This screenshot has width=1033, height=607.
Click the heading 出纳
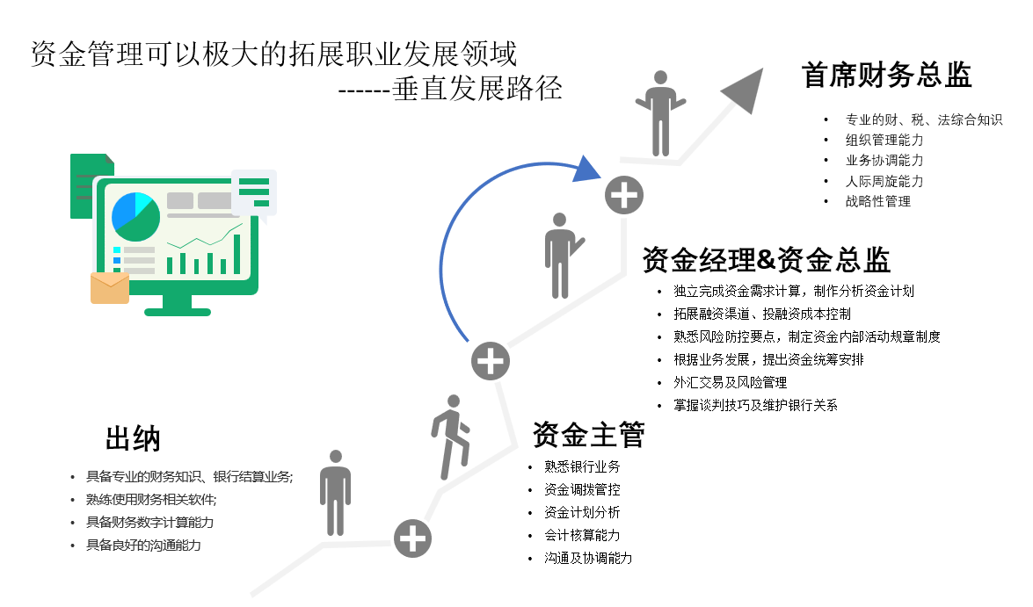[133, 438]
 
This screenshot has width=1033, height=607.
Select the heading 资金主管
[589, 434]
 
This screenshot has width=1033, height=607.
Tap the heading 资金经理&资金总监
[767, 260]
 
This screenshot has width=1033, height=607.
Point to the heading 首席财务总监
[887, 76]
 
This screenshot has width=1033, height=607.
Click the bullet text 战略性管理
[878, 201]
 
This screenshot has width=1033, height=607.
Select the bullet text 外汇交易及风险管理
[730, 382]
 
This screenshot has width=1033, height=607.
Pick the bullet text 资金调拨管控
[582, 489]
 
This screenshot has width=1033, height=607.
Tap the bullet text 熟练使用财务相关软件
[151, 499]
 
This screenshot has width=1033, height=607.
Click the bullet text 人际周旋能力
[884, 181]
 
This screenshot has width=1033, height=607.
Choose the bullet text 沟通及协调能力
[588, 558]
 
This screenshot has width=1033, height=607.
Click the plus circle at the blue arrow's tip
[624, 194]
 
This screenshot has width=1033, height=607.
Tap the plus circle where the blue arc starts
[491, 361]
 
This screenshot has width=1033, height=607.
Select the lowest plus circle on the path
[412, 538]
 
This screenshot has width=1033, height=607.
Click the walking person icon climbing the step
[451, 437]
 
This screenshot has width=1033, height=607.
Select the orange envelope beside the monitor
[110, 287]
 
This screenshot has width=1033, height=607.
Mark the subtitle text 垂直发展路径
[477, 90]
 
